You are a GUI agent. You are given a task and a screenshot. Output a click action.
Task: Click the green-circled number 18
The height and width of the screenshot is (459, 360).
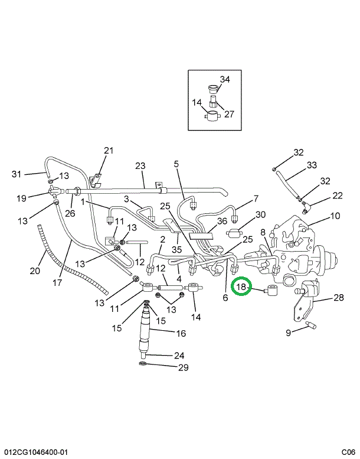241,287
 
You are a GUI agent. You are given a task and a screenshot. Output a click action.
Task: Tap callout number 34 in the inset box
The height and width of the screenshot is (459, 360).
225,79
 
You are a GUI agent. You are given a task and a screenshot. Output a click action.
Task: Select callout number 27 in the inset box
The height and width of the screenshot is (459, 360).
229,114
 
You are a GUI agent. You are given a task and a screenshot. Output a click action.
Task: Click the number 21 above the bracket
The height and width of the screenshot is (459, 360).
109,151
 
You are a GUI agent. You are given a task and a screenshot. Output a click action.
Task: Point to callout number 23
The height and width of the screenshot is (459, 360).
140,165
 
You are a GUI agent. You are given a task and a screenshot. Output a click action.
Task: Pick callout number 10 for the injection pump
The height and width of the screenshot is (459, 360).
335,216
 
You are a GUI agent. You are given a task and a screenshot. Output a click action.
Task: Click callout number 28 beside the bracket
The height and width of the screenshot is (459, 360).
339,298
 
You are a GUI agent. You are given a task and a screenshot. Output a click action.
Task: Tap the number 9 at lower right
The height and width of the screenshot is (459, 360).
289,333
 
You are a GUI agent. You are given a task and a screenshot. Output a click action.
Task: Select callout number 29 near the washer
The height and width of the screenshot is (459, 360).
184,367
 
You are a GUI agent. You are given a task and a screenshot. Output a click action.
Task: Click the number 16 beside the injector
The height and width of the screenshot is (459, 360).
181,333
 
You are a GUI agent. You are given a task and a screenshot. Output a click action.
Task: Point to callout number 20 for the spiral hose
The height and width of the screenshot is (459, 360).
35,271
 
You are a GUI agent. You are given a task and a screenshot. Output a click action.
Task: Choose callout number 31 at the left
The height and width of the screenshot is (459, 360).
17,174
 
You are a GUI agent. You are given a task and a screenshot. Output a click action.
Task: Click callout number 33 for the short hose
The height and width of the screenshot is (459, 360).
312,165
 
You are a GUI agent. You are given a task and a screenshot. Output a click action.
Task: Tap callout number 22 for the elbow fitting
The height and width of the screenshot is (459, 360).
337,196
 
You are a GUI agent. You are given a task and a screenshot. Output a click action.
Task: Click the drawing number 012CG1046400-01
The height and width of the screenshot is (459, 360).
36,452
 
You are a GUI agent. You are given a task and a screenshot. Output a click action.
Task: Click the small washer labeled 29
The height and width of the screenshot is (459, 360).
143,363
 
